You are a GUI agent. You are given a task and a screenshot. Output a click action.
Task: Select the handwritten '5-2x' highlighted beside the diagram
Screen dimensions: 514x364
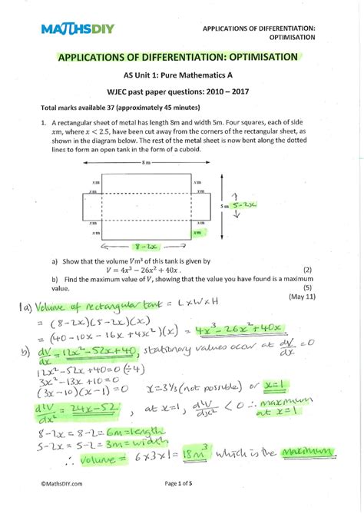point(249,205)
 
